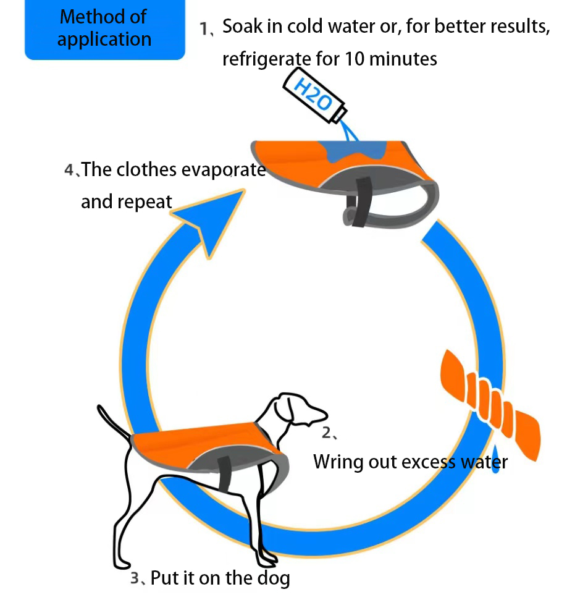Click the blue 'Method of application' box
[x=105, y=29]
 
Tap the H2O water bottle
[x=314, y=96]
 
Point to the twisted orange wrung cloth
[x=490, y=405]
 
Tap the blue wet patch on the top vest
[x=353, y=151]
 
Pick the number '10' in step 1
[x=355, y=59]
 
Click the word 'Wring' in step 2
[x=338, y=462]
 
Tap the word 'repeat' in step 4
[x=145, y=202]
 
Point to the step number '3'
[x=135, y=578]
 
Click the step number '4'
[x=69, y=170]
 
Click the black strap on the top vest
[x=362, y=202]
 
